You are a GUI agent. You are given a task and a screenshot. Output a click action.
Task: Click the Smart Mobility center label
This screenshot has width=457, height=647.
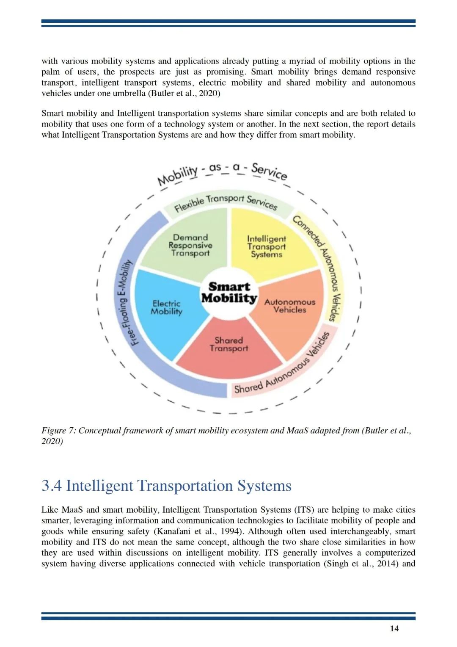229,293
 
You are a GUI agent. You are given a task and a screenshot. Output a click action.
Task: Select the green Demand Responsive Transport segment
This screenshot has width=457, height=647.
190,246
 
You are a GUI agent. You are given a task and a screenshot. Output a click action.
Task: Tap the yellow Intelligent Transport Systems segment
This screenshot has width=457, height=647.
267,246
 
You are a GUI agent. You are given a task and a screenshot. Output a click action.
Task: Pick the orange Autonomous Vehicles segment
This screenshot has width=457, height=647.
290,306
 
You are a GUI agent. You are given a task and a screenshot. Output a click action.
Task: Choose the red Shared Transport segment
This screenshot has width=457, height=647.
228,344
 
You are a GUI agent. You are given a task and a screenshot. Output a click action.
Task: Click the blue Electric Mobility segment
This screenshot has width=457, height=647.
166,307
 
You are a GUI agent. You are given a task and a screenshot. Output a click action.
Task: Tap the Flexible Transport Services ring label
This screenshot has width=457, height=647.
226,202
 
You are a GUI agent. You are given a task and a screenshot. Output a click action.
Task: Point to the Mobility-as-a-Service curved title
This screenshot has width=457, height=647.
222,171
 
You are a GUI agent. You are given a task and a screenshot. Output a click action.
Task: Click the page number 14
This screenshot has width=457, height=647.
394,628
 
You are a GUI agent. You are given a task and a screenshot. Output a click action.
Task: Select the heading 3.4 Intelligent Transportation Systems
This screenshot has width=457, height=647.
166,486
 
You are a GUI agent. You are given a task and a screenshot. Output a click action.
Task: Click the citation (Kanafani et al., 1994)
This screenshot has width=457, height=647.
201,531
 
